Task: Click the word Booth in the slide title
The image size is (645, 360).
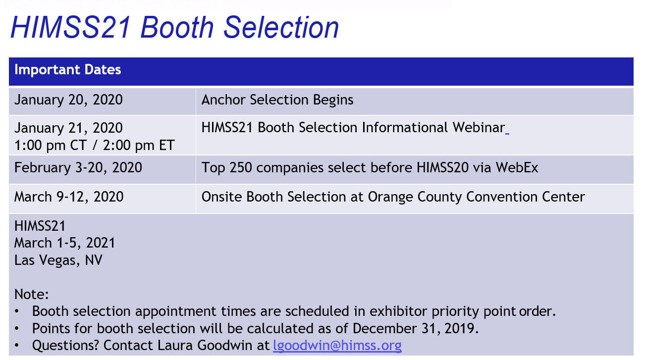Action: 177,27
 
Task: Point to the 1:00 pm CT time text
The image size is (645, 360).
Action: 51,145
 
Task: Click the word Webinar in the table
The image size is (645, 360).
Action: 479,127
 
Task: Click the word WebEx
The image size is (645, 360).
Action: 517,168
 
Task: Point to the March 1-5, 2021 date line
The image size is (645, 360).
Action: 64,243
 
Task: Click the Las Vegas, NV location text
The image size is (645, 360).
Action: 58,260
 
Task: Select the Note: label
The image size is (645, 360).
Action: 31,295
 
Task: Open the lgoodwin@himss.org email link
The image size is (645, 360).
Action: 337,346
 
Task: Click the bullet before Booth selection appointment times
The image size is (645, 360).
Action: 17,311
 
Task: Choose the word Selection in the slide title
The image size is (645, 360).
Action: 281,27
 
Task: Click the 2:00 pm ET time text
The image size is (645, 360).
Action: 139,145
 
